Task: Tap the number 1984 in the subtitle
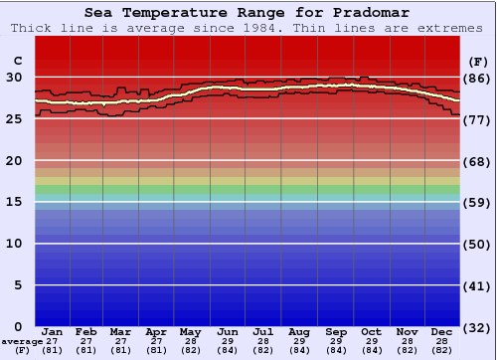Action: [x=232, y=28]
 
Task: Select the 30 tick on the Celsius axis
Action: [x=14, y=77]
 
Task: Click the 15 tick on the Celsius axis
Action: [x=14, y=202]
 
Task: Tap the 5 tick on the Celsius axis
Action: [x=18, y=285]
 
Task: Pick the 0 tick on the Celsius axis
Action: [x=18, y=326]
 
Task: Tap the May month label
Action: [x=190, y=331]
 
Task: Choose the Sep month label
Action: [x=335, y=331]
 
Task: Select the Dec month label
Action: [x=442, y=331]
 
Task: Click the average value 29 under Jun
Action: [x=228, y=341]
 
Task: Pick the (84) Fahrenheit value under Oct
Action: [x=371, y=350]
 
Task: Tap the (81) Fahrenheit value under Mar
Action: [x=120, y=350]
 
